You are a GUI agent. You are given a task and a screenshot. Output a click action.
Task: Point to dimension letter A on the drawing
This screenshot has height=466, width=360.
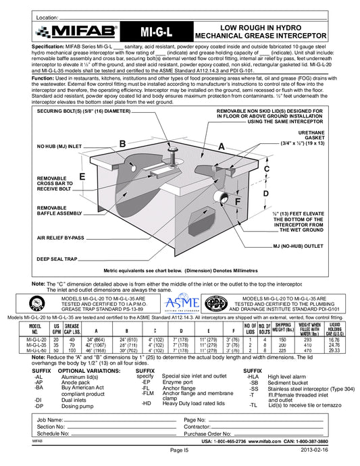221,145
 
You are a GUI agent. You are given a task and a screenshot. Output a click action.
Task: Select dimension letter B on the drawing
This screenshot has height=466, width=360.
122,144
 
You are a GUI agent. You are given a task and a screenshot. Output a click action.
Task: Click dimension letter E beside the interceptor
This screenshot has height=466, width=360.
82,176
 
